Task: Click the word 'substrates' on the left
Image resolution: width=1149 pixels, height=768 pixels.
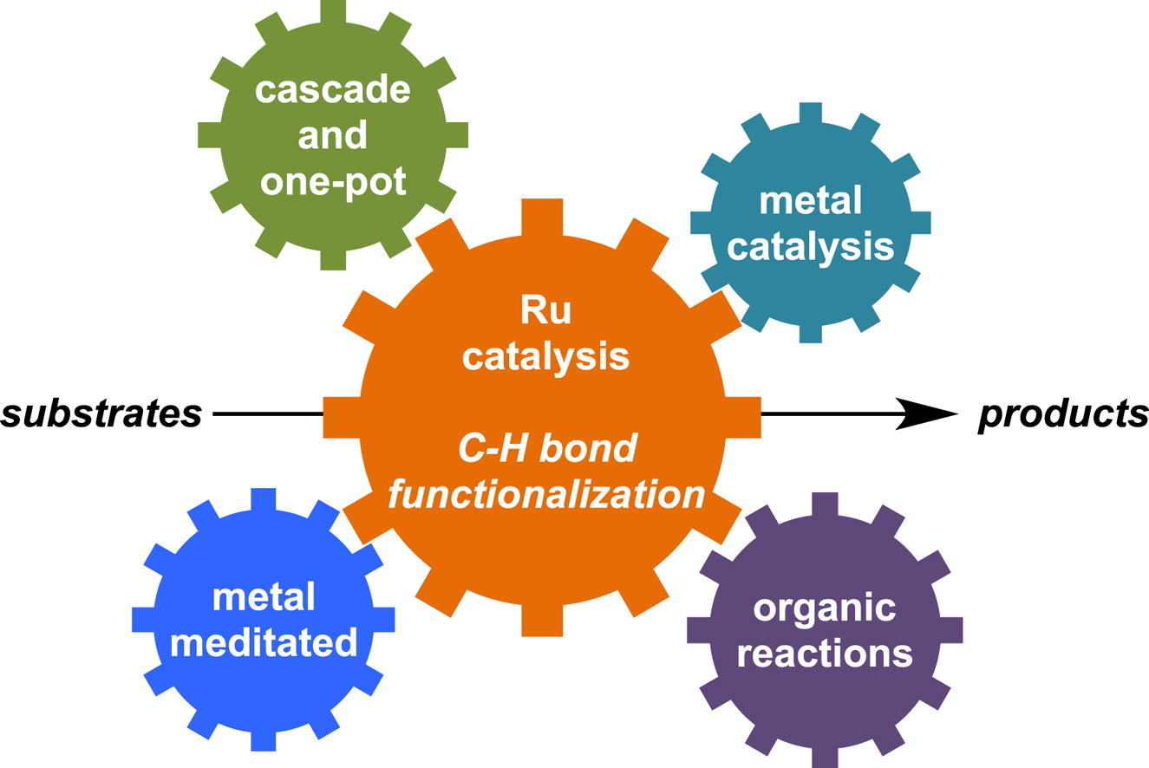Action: click(101, 415)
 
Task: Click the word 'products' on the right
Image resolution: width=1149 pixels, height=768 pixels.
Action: click(1063, 415)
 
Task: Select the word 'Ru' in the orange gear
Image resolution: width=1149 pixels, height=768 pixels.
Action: click(545, 309)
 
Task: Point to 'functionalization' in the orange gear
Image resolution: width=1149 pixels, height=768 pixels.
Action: click(546, 495)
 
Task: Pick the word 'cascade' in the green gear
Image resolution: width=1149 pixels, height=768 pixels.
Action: click(333, 90)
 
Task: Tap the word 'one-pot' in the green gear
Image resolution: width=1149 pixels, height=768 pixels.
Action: click(333, 183)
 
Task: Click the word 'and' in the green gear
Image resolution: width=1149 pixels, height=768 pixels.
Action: click(333, 136)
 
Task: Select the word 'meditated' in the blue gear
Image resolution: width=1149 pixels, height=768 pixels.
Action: click(264, 643)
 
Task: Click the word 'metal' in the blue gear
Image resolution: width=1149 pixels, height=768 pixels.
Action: click(264, 597)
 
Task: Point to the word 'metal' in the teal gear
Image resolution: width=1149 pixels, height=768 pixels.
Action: click(810, 201)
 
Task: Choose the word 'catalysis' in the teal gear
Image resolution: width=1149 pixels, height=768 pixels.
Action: click(810, 247)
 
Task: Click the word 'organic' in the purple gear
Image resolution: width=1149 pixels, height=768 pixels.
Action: click(824, 608)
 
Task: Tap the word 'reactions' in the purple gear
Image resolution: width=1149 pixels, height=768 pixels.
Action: click(824, 653)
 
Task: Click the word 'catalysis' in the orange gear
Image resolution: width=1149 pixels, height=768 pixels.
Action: click(545, 355)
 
